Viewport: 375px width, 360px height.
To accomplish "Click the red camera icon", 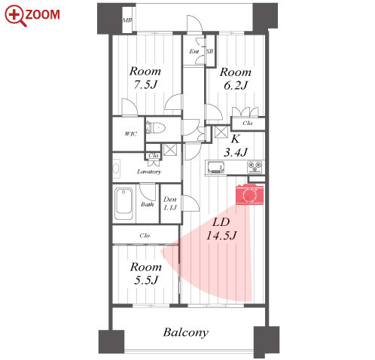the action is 249,194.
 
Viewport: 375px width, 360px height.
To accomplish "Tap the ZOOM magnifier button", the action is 32,16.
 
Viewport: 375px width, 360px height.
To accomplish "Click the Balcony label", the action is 186,333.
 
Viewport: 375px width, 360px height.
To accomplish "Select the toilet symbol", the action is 156,128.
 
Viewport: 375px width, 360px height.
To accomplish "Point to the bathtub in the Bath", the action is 123,204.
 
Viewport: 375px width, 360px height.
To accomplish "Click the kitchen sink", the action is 216,167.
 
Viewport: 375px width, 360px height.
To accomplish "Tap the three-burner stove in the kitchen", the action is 255,167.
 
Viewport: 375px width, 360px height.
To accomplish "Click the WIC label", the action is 131,134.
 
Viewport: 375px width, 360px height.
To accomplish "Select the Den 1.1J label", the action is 170,203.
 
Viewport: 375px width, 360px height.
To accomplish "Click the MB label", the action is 127,20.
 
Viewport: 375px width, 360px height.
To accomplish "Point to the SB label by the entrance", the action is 209,51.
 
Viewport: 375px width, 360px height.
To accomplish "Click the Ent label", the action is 194,51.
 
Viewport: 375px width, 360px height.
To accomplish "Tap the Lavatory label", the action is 149,172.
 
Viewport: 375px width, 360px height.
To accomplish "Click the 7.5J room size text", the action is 145,84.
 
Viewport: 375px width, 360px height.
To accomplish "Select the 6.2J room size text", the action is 236,85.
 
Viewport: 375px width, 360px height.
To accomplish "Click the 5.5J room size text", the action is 146,280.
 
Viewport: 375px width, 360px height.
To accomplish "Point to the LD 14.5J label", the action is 221,229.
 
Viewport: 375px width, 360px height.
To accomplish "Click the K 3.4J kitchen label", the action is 236,145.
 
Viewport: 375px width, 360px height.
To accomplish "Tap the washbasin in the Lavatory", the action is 116,168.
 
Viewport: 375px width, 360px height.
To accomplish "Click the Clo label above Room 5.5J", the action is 145,236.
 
